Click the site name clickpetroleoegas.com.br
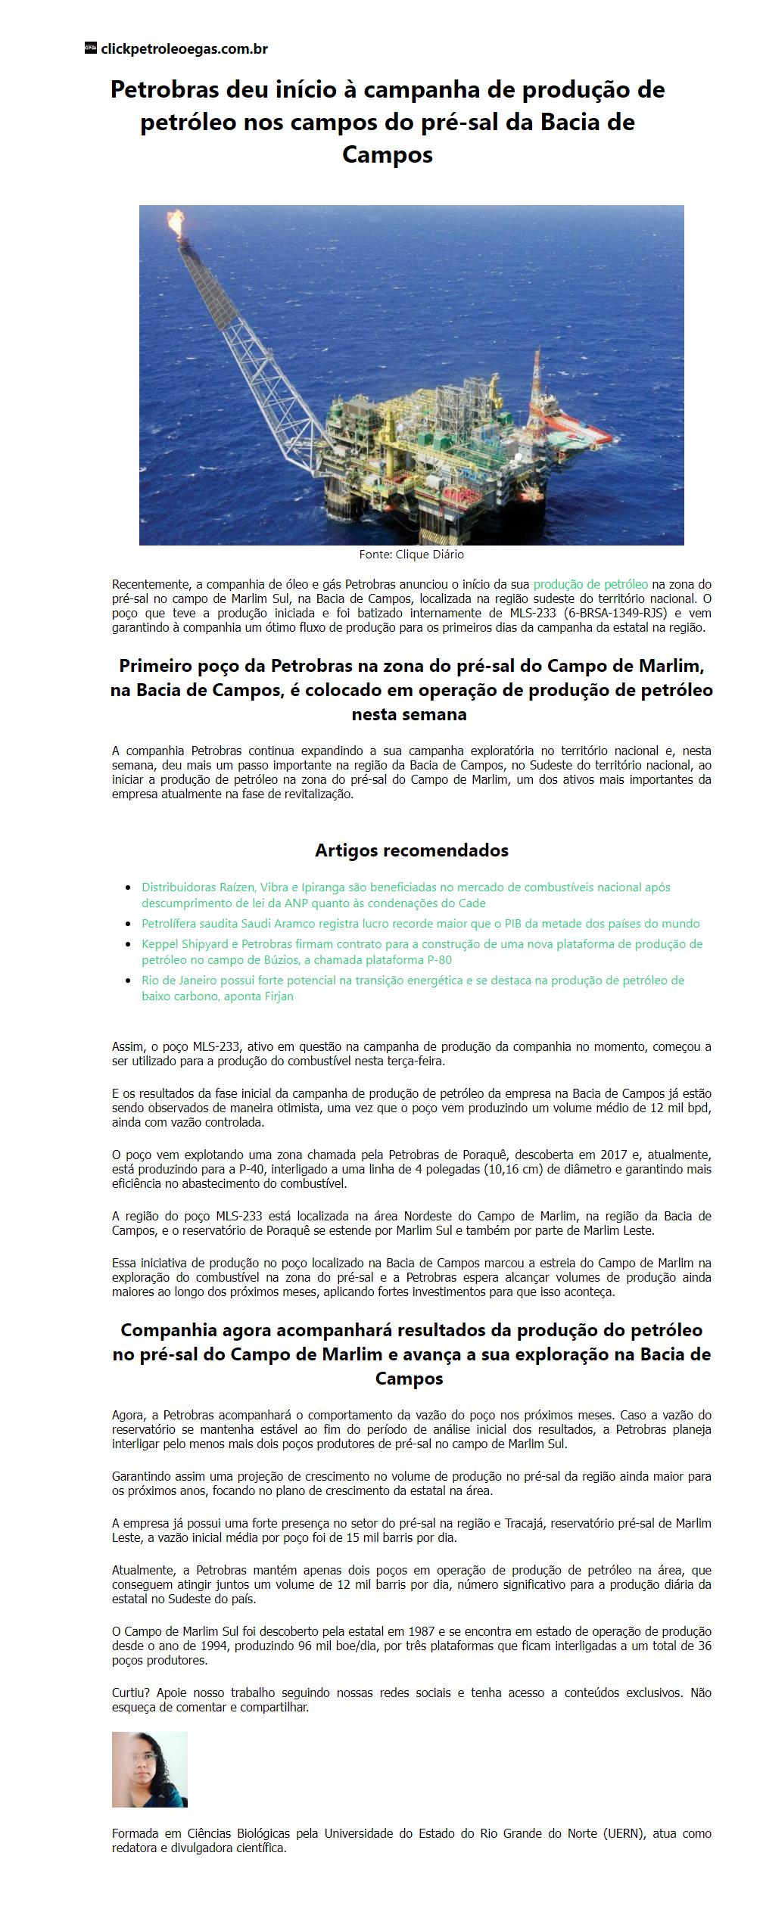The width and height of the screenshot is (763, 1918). click(x=184, y=49)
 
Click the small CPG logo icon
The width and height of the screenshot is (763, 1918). click(x=90, y=48)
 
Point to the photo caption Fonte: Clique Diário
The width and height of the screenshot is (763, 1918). click(x=411, y=555)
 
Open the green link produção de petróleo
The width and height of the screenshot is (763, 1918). click(x=590, y=584)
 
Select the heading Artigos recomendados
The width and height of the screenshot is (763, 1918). click(x=411, y=850)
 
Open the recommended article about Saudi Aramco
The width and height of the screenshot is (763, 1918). click(x=420, y=923)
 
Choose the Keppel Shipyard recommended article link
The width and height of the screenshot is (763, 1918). click(x=422, y=952)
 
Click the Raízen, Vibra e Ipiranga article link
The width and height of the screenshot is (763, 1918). click(x=406, y=894)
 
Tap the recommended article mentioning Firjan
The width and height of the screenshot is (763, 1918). click(x=413, y=988)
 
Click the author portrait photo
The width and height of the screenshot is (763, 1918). click(x=150, y=1769)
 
